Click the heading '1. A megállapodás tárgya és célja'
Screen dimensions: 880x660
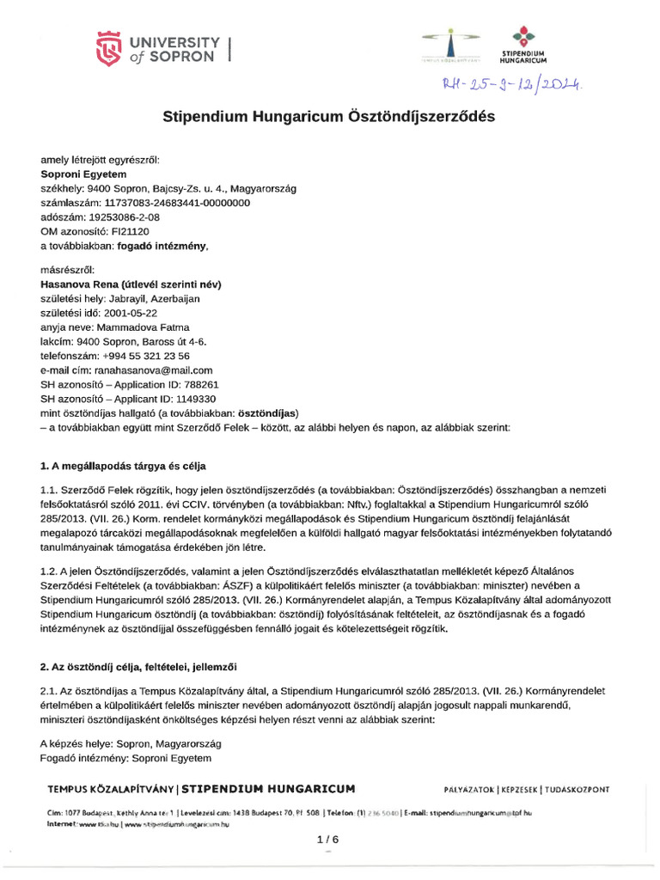[124, 467]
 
